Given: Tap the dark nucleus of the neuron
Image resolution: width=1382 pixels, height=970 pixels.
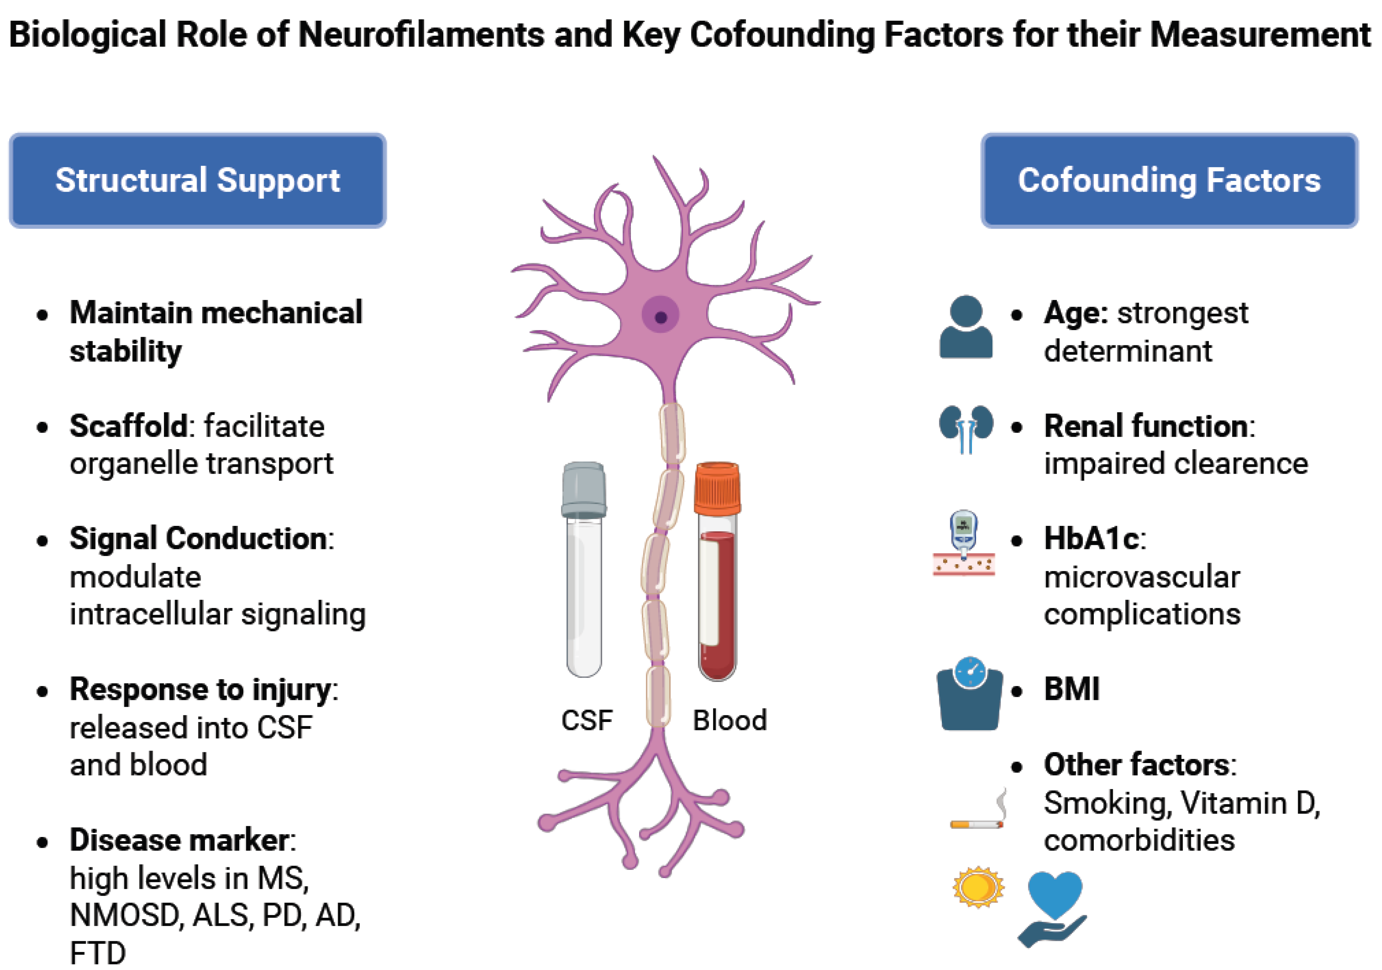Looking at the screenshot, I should click(x=660, y=317).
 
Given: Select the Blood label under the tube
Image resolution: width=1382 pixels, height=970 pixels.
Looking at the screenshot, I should click(x=730, y=720).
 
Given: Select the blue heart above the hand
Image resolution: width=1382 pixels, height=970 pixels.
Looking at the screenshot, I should click(x=1054, y=894).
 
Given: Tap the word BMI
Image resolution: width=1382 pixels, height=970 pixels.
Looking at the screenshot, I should click(x=1071, y=689).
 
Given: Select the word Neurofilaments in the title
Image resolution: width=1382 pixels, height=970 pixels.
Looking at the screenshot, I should click(x=421, y=34).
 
